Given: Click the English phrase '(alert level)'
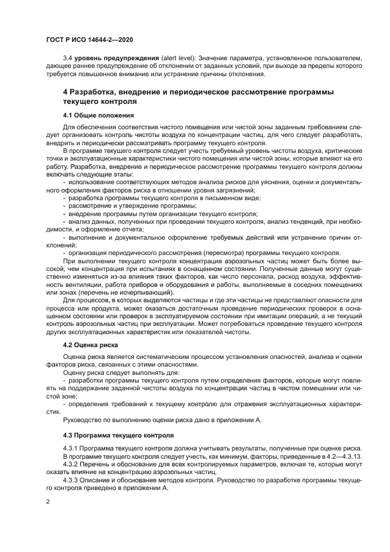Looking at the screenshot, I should point(178,58).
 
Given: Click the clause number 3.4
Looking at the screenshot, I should point(68,58).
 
